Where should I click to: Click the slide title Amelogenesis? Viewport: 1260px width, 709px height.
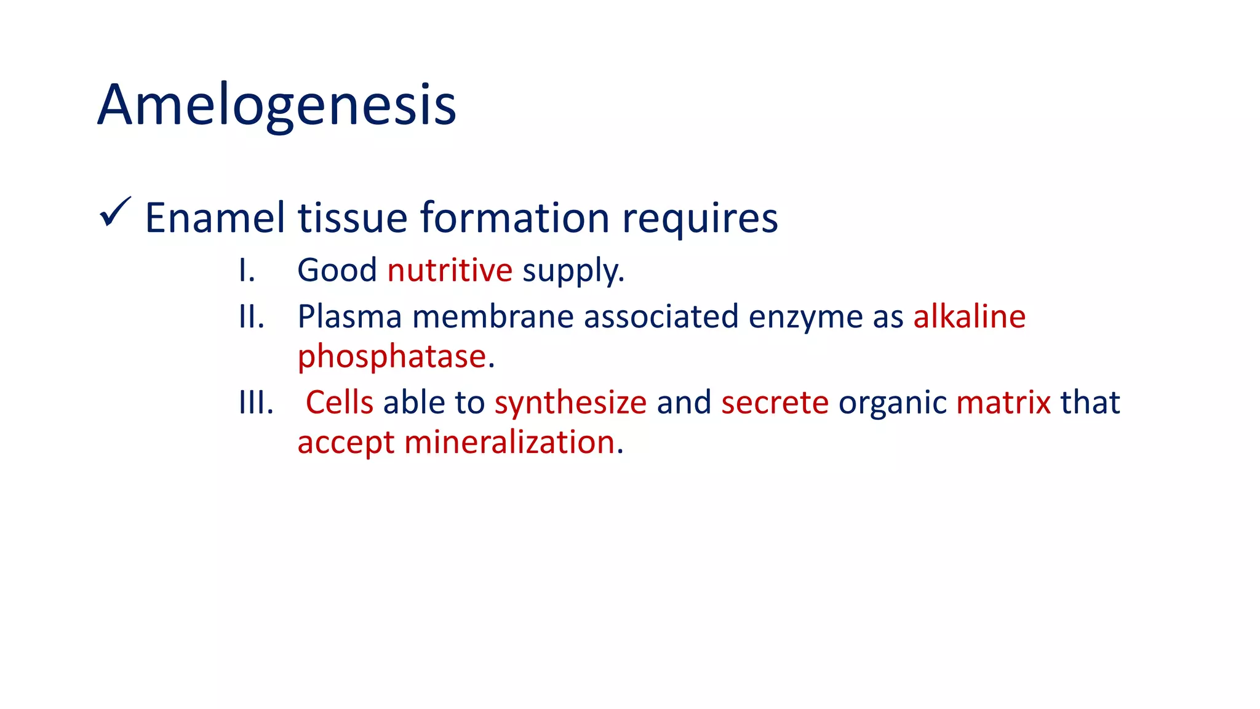pyautogui.click(x=277, y=106)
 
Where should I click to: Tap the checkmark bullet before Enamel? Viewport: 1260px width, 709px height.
pyautogui.click(x=114, y=212)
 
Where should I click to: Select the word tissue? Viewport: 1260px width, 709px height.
pyautogui.click(x=353, y=218)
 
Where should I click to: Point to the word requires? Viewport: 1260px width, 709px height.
pyautogui.click(x=700, y=219)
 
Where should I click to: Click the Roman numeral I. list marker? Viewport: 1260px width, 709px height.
pyautogui.click(x=247, y=271)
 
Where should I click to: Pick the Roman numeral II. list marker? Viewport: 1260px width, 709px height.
pyautogui.click(x=251, y=317)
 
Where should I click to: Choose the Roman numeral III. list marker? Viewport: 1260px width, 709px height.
pyautogui.click(x=255, y=403)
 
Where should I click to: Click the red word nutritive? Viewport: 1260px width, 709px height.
pyautogui.click(x=450, y=271)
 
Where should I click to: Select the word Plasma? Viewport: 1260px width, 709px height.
pyautogui.click(x=349, y=317)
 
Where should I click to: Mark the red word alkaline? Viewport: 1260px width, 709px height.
pyautogui.click(x=969, y=317)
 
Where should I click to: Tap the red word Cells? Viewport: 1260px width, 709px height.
pyautogui.click(x=340, y=403)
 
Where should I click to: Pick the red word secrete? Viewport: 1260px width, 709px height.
pyautogui.click(x=775, y=403)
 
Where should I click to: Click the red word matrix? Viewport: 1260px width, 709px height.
pyautogui.click(x=1003, y=403)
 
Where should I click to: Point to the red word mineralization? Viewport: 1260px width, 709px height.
pyautogui.click(x=509, y=443)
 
